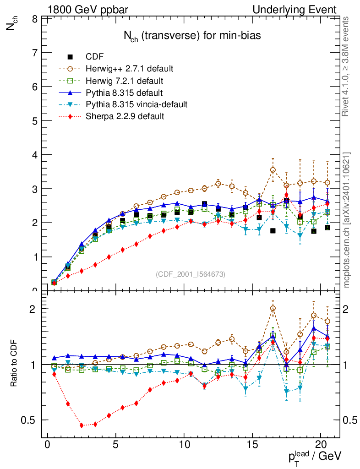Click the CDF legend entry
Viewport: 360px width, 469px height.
(x=94, y=57)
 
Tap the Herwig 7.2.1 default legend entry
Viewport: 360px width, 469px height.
(x=124, y=81)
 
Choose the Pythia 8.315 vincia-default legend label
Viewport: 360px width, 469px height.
(x=136, y=104)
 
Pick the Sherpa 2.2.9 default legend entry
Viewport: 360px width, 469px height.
(x=125, y=116)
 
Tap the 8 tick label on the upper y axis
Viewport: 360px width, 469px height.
(x=35, y=19)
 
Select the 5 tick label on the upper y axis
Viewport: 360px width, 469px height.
(x=35, y=121)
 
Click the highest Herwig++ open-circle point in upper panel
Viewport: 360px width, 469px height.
(x=273, y=170)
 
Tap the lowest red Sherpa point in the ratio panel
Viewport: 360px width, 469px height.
(x=82, y=425)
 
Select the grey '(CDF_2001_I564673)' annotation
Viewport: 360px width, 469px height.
(x=191, y=274)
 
